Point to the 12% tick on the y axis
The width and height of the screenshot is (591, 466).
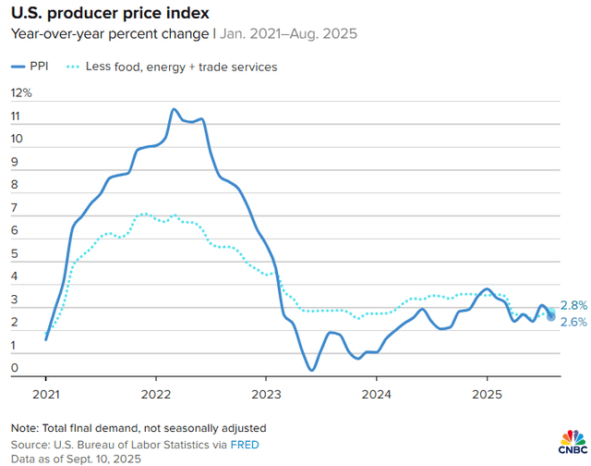20,93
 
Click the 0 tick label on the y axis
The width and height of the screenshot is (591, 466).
15,369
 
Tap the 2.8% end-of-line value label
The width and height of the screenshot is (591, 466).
573,305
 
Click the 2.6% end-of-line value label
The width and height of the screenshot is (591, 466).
573,322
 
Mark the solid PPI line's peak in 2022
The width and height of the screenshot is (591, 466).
174,109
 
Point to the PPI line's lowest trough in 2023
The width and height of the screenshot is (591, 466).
311,370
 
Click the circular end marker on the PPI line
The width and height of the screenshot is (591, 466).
551,316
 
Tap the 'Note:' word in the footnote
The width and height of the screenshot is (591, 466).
25,428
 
